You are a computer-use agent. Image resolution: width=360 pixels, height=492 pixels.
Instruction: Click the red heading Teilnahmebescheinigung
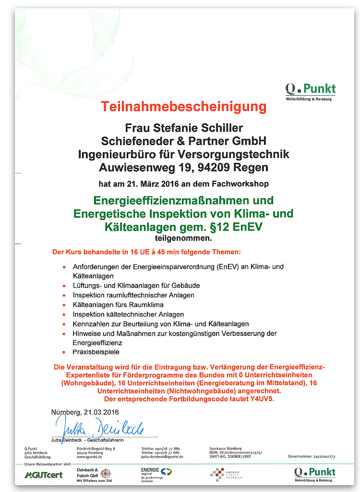tap(183, 106)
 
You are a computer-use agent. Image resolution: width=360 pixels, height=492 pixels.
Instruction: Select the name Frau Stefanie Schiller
tap(184, 128)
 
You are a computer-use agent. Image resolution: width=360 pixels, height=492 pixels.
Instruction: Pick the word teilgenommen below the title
tap(183, 237)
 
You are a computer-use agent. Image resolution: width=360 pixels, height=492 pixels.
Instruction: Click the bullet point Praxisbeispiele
tap(96, 352)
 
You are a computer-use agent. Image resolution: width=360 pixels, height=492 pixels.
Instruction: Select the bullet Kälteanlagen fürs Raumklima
tap(118, 305)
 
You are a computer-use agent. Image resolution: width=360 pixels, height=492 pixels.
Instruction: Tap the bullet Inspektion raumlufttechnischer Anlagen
tap(133, 295)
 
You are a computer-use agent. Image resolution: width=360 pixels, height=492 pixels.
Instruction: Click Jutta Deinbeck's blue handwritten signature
tap(100, 427)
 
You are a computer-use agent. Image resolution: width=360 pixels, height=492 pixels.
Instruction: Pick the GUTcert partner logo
tap(44, 475)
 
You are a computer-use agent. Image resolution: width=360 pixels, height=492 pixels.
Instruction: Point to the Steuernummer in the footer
tap(311, 456)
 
